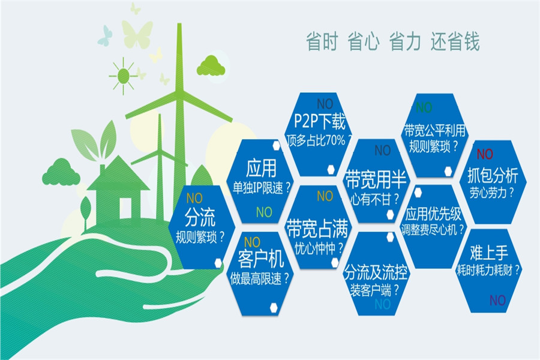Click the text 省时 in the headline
pos(322,41)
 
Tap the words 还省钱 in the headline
pos(455,41)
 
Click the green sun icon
pos(123,76)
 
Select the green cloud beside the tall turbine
pos(211,66)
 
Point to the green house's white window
pos(125,208)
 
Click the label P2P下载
pos(320,121)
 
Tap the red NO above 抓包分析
pos(485,154)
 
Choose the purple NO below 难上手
pos(497,301)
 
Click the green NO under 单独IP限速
pos(264,212)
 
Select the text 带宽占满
pos(317,229)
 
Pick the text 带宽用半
pos(376,179)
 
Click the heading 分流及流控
pos(376,272)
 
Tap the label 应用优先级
pos(433,214)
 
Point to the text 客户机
pos(261,259)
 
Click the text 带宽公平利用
pos(434,131)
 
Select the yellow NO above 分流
pos(194,198)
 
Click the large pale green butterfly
pos(137,34)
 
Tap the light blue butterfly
pos(105,35)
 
